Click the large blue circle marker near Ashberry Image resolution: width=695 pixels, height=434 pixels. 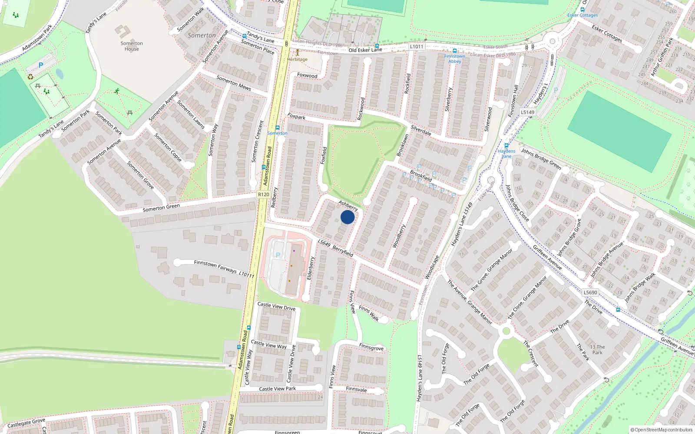tap(347, 217)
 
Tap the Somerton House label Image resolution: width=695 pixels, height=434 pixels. tap(132, 46)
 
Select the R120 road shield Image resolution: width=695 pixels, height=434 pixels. tap(263, 194)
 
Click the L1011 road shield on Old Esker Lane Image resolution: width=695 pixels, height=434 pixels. tap(416, 46)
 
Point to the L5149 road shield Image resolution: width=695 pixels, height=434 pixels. tap(527, 112)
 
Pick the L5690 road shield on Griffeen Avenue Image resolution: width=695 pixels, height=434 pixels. tap(590, 293)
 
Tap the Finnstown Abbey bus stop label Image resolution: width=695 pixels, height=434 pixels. tap(454, 59)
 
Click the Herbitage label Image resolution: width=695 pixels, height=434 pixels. tap(297, 59)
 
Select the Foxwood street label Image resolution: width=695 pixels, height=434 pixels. tap(307, 76)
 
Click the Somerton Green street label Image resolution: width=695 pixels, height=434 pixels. tap(161, 208)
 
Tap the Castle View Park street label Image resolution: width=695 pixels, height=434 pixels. tap(277, 388)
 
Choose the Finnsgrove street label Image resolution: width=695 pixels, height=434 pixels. tap(371, 348)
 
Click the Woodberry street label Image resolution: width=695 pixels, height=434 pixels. tap(399, 236)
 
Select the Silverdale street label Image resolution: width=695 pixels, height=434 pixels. tap(421, 130)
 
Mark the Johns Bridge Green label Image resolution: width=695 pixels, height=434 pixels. tap(541, 158)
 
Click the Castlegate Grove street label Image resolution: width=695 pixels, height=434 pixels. tap(26, 422)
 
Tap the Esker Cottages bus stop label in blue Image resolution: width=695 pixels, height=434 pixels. tap(582, 15)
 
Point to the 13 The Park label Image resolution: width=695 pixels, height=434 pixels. tap(597, 349)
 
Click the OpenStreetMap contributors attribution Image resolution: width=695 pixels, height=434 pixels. tap(661, 430)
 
